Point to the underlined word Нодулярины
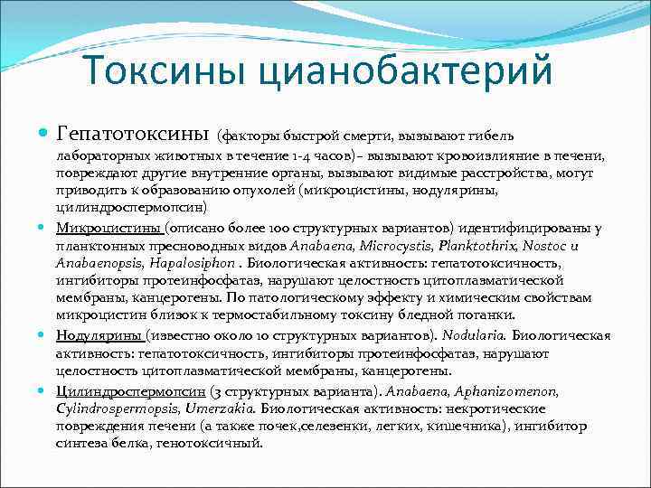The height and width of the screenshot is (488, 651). click(x=97, y=335)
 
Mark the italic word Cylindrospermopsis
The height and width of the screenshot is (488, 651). click(x=111, y=408)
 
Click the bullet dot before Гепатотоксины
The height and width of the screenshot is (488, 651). click(x=45, y=135)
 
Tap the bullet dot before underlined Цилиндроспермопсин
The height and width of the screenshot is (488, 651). click(x=45, y=391)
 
